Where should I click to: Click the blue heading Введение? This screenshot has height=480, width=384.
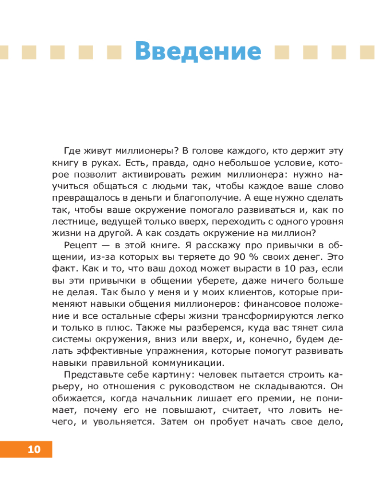click(198, 50)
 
